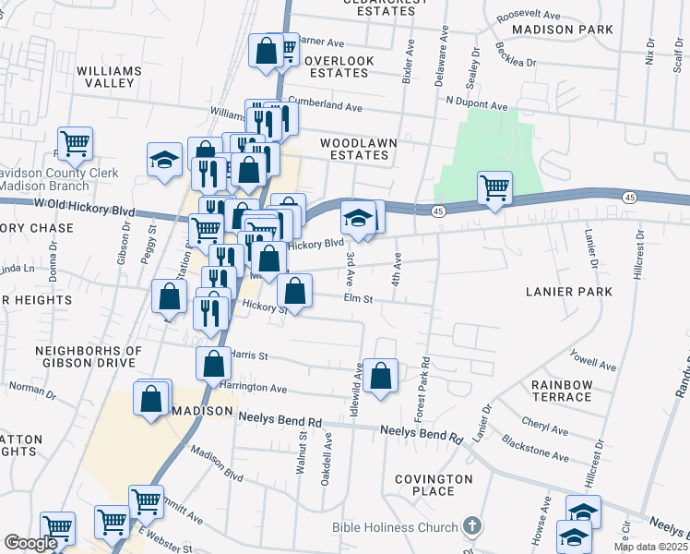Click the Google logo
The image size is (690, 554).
point(30,543)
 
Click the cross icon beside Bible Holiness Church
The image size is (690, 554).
point(471,527)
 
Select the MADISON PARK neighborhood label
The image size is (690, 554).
point(562,30)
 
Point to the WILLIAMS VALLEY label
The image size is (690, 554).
point(109,77)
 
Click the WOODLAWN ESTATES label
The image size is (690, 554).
point(354,150)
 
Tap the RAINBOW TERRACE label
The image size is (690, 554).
point(561,391)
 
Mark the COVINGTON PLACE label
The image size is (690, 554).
point(434,485)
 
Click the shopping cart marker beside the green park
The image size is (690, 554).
point(495,187)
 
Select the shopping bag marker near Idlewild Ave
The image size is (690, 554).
point(380,375)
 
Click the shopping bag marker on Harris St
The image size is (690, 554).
point(213,364)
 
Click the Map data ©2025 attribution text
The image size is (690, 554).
point(651,547)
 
